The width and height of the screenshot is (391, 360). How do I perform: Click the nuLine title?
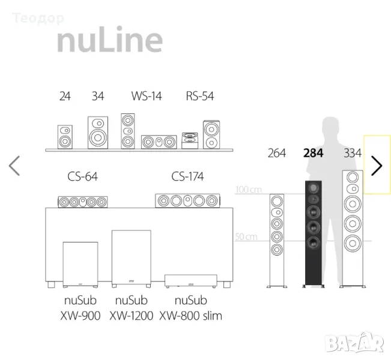[x=110, y=40]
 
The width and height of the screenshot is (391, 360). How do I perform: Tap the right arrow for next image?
[x=377, y=166]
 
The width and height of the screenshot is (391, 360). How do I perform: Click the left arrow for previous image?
[x=14, y=166]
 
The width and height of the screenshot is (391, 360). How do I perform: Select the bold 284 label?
[x=313, y=153]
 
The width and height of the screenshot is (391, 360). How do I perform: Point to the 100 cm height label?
[x=249, y=190]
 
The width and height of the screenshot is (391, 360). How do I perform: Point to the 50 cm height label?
[x=246, y=236]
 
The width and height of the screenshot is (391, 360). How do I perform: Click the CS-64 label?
[x=82, y=176]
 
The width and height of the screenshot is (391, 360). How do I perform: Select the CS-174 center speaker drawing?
[x=187, y=200]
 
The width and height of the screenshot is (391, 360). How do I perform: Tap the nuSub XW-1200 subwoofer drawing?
[x=132, y=259]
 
